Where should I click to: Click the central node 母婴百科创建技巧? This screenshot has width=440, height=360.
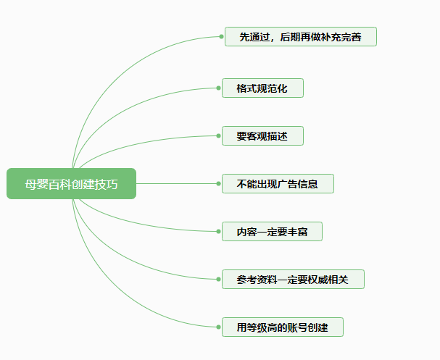pyautogui.click(x=71, y=183)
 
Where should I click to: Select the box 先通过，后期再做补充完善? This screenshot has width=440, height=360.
pyautogui.click(x=300, y=36)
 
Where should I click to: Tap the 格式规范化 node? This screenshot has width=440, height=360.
pyautogui.click(x=262, y=88)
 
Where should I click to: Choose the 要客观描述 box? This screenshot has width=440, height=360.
pyautogui.click(x=262, y=135)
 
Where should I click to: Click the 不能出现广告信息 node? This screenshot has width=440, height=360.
pyautogui.click(x=278, y=184)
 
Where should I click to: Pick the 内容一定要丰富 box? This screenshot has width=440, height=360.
pyautogui.click(x=272, y=232)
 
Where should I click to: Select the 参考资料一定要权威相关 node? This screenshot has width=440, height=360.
pyautogui.click(x=293, y=279)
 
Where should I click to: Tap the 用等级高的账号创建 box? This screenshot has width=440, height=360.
pyautogui.click(x=282, y=327)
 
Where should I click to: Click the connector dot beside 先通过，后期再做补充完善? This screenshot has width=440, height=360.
pyautogui.click(x=220, y=36)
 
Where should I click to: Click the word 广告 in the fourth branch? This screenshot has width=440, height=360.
pyautogui.click(x=288, y=184)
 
